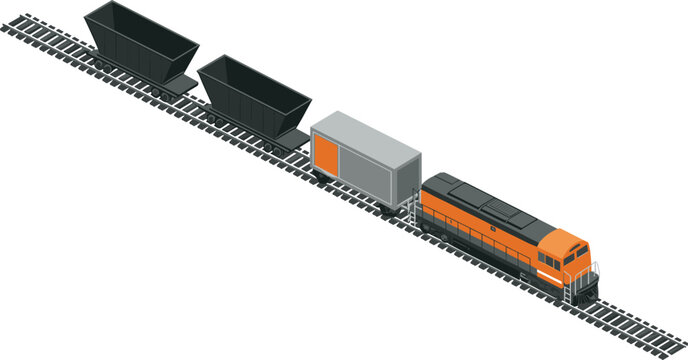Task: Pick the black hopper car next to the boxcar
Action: pyautogui.click(x=254, y=98)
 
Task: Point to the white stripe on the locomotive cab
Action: pyautogui.click(x=548, y=262)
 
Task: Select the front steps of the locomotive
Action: pyautogui.click(x=575, y=290)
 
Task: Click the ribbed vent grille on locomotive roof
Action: pyautogui.click(x=495, y=209)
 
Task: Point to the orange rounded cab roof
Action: pyautogui.click(x=565, y=238)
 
